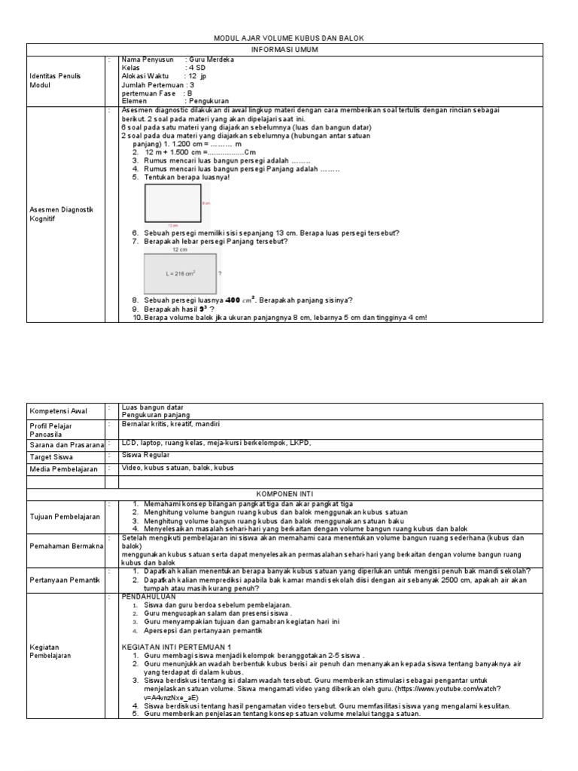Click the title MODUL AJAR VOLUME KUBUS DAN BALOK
pyautogui.click(x=289, y=38)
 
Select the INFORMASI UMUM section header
pyautogui.click(x=289, y=49)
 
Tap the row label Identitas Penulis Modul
pyautogui.click(x=55, y=81)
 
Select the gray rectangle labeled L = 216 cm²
pyautogui.click(x=180, y=273)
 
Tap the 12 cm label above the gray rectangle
pyautogui.click(x=180, y=248)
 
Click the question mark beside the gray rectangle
pyautogui.click(x=220, y=274)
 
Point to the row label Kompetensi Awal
pyautogui.click(x=58, y=411)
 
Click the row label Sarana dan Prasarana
pyautogui.click(x=66, y=446)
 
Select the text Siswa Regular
pyautogui.click(x=146, y=455)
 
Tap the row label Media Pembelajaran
pyautogui.click(x=64, y=468)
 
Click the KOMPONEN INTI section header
pyautogui.click(x=289, y=494)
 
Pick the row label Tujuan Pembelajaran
pyautogui.click(x=64, y=517)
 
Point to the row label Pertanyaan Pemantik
pyautogui.click(x=64, y=580)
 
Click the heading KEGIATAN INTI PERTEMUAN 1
pyautogui.click(x=178, y=647)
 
